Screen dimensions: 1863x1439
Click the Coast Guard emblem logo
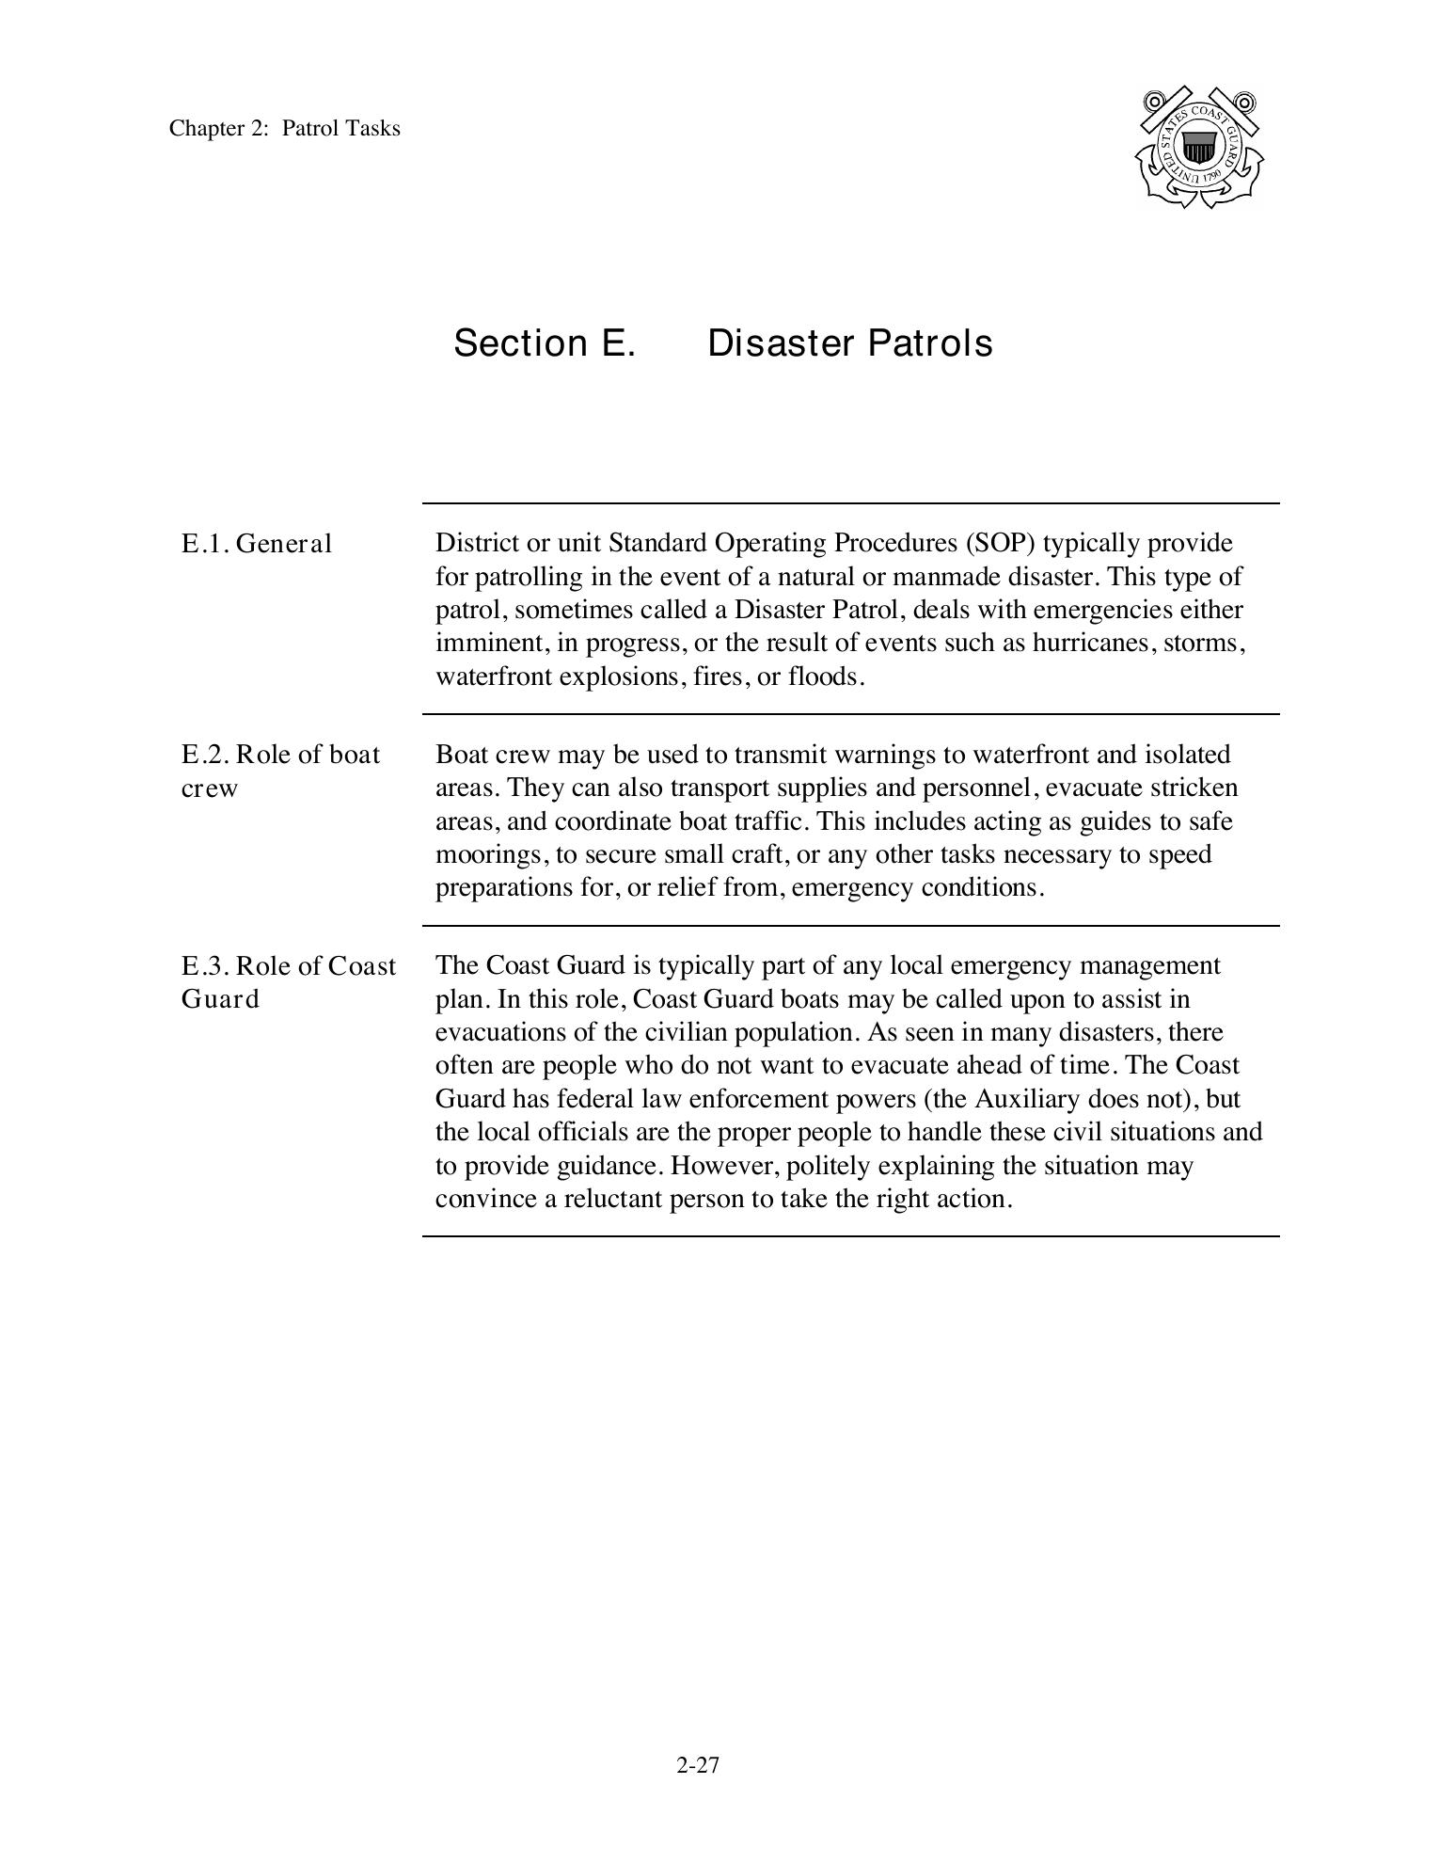(1198, 148)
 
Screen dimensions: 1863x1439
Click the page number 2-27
(697, 1765)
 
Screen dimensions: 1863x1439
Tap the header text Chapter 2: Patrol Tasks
(284, 128)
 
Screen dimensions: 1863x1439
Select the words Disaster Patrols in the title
(849, 343)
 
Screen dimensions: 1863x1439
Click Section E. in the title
(545, 343)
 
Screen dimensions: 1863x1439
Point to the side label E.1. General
(257, 544)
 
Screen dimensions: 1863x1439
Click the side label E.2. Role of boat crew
(280, 771)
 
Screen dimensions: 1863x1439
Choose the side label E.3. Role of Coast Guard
(288, 982)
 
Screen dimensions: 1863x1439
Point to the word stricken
(1194, 788)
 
